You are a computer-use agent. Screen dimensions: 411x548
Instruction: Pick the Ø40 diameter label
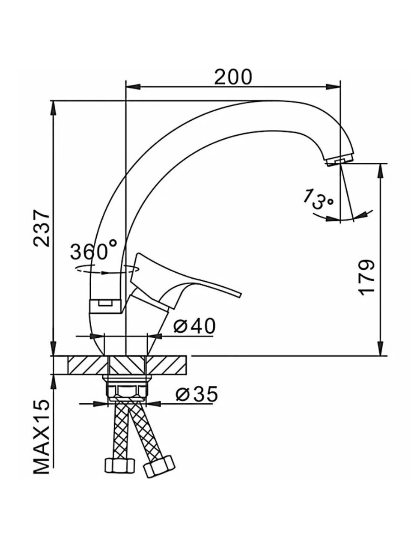[194, 326]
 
